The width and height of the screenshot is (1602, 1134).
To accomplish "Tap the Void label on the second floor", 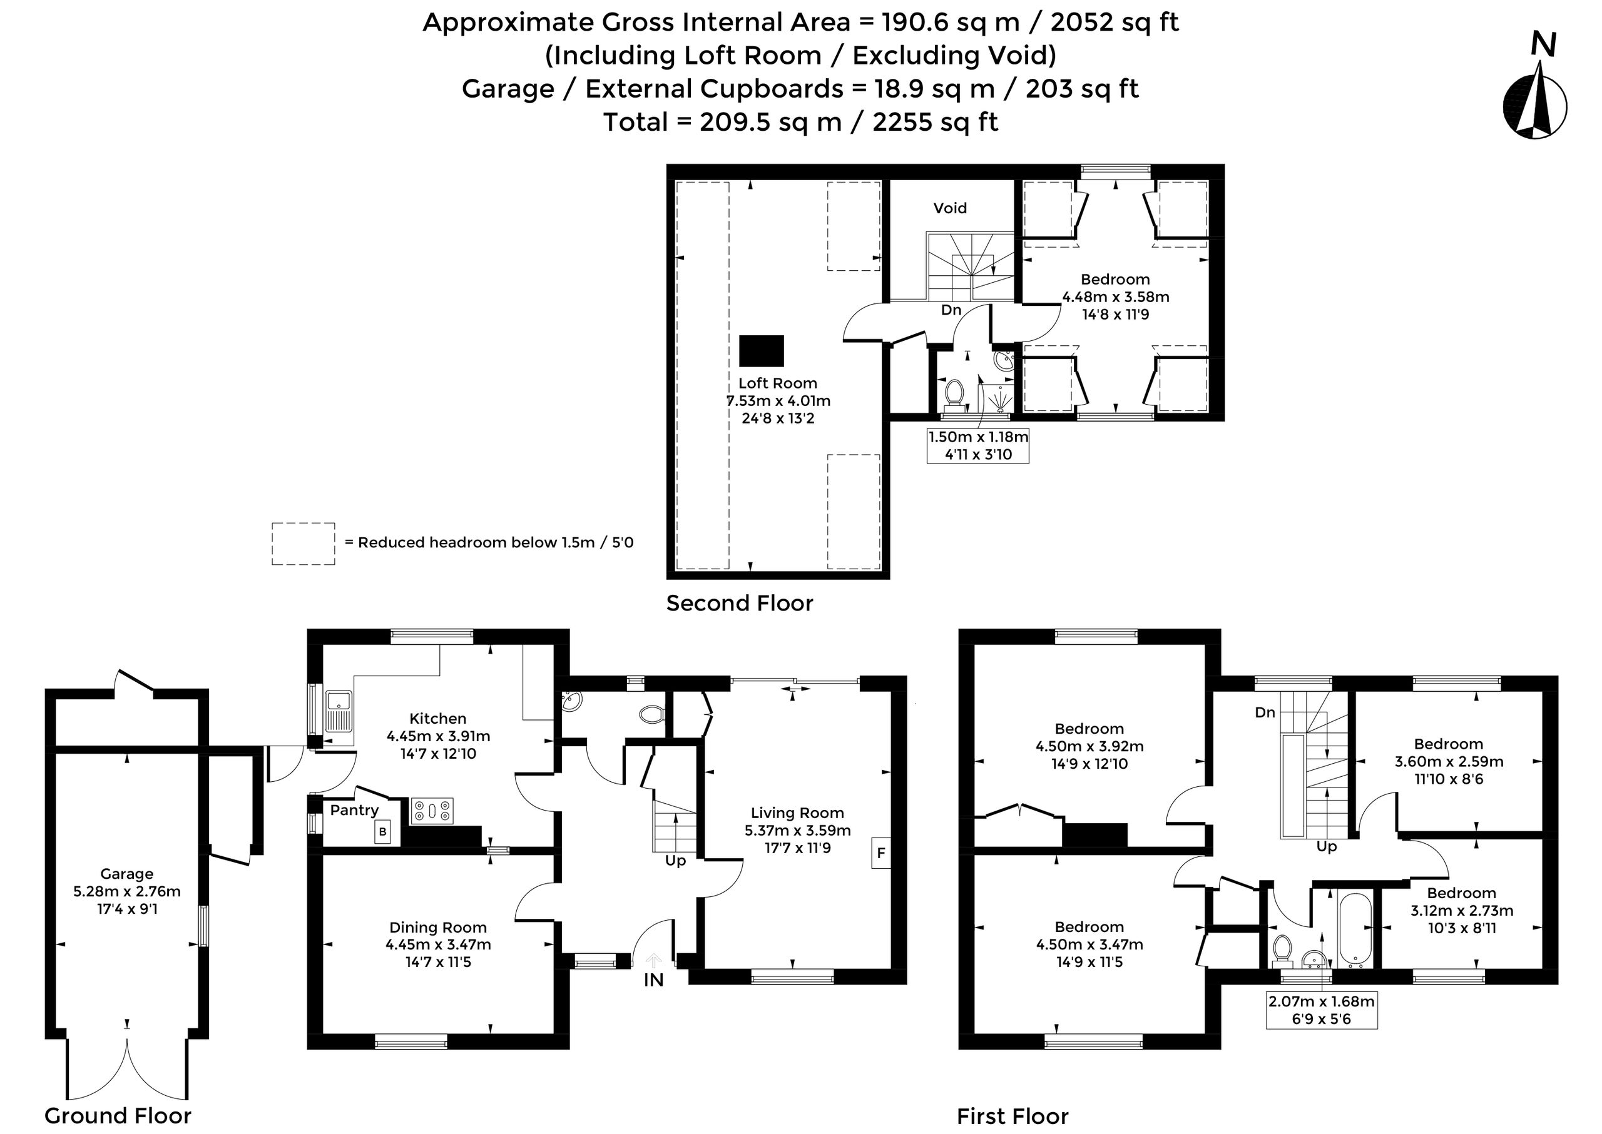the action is (x=950, y=208).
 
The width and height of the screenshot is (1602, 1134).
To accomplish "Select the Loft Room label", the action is (x=778, y=383).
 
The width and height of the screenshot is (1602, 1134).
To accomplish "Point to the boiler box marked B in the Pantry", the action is (x=382, y=833).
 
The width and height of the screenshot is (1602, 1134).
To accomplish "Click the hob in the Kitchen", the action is (x=432, y=811).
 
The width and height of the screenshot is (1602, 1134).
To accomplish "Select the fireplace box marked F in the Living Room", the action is (x=881, y=853).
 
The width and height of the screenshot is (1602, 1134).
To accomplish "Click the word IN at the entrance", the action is (x=653, y=980).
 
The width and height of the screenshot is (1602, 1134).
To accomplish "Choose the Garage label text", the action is (x=126, y=874).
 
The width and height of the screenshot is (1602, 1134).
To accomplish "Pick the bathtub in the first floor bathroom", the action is (x=1355, y=930).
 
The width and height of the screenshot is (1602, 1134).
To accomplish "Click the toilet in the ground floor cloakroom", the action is (x=652, y=714).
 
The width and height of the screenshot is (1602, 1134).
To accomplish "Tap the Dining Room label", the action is (x=438, y=928).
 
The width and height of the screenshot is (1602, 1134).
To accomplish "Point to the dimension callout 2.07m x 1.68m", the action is (x=1321, y=1010).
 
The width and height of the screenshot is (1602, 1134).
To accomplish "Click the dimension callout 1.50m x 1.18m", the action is (x=978, y=445).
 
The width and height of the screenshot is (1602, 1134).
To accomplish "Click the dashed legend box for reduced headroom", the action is (x=304, y=544).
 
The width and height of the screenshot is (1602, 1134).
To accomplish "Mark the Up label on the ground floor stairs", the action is (x=675, y=861).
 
